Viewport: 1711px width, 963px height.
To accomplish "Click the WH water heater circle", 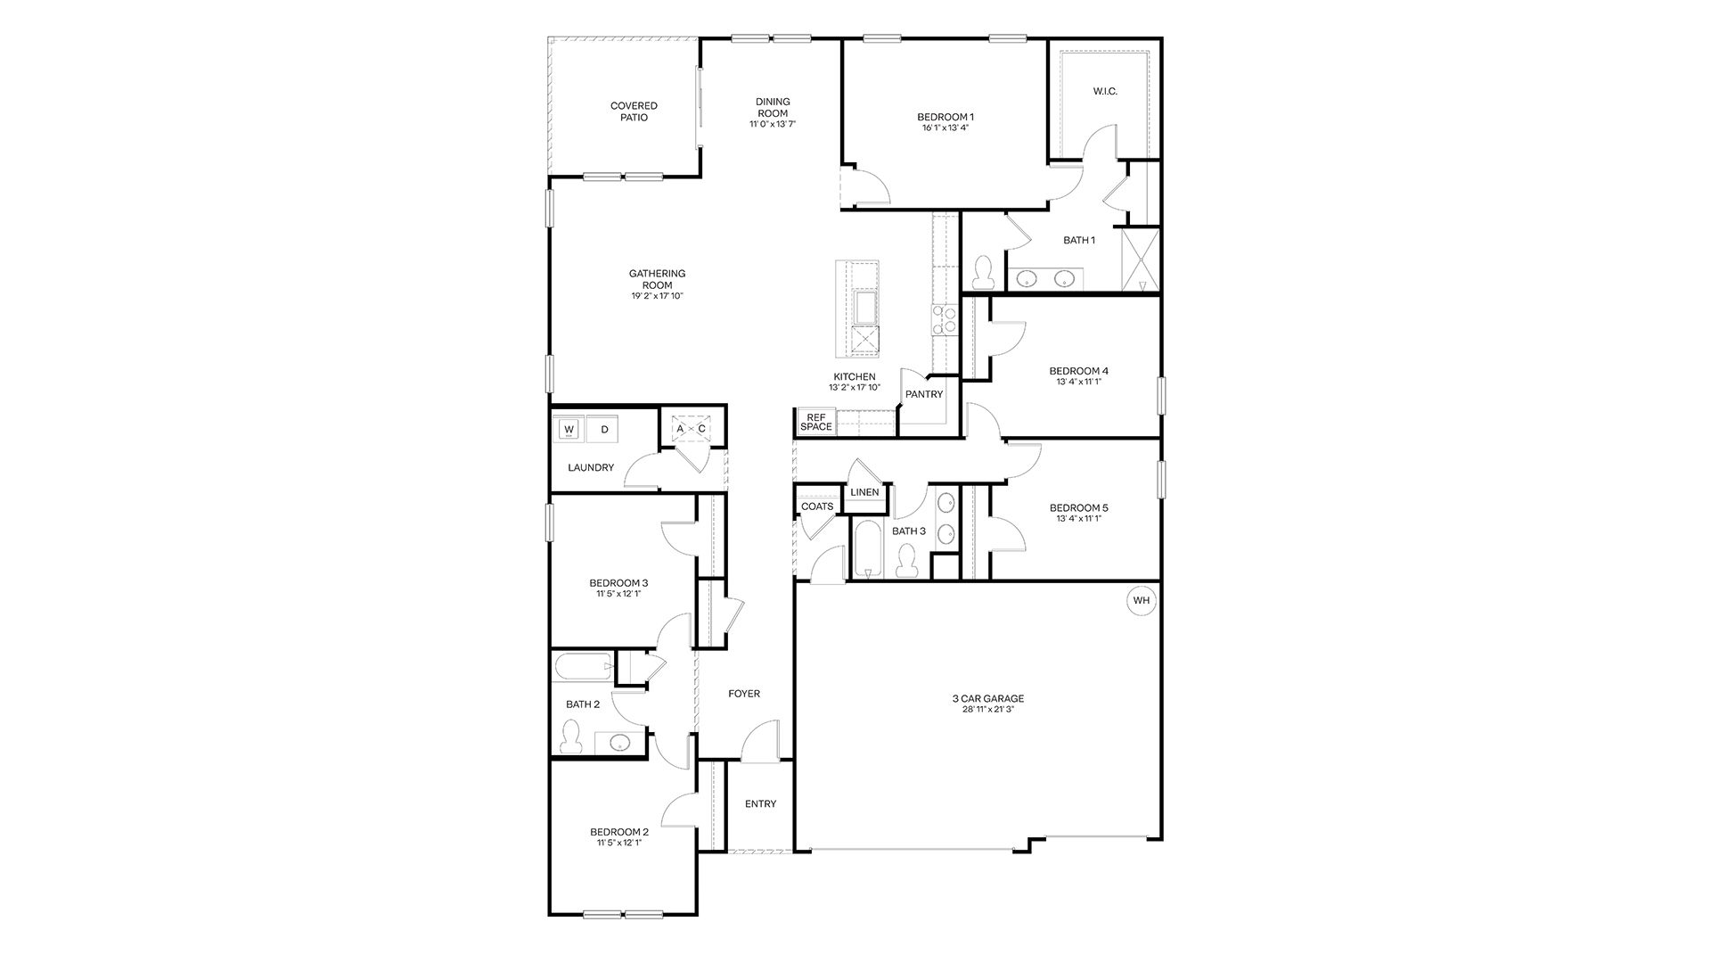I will point(1142,600).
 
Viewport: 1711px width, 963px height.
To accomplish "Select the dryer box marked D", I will point(604,430).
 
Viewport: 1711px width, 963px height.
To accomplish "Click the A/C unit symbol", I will point(691,429).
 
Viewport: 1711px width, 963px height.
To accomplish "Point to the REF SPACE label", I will point(815,422).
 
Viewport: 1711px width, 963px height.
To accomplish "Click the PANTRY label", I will point(924,394).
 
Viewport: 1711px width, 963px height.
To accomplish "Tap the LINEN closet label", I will point(864,492).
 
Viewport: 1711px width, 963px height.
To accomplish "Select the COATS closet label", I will point(817,506).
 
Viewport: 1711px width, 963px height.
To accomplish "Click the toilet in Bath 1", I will point(984,272).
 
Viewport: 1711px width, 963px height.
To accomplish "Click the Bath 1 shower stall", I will point(1140,259).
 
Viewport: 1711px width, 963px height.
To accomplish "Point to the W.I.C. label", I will point(1105,92).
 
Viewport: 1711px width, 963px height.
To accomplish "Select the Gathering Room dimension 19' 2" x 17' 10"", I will point(657,296).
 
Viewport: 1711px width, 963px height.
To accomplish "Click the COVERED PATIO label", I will point(634,111).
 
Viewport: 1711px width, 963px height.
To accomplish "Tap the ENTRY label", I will point(760,803).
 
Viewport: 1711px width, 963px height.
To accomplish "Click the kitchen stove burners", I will point(944,319).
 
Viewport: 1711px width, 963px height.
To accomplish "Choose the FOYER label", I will point(744,694).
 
